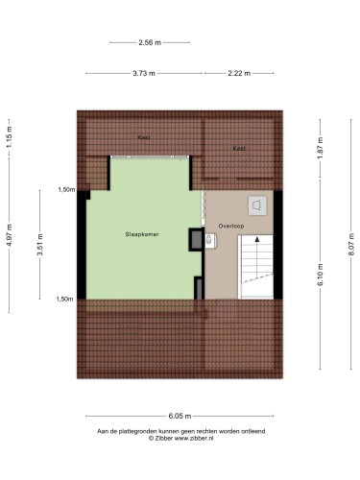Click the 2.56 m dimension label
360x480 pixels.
click(150, 42)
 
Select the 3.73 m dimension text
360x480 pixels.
click(144, 73)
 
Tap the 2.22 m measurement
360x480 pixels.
click(239, 73)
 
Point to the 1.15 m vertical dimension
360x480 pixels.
click(10, 137)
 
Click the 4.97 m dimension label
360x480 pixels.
click(10, 235)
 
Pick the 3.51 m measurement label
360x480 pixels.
click(40, 245)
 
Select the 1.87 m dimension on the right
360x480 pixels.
click(321, 148)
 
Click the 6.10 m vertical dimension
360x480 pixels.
click(321, 275)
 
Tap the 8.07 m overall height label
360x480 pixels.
click(351, 244)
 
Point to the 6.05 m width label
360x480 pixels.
click(180, 416)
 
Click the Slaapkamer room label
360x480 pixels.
click(142, 234)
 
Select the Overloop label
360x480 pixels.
click(231, 226)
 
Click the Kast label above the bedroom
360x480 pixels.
click(144, 137)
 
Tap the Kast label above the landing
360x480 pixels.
click(239, 148)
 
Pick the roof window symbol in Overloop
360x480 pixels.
click(257, 205)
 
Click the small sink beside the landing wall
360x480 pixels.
click(210, 240)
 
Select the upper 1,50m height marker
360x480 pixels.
click(66, 190)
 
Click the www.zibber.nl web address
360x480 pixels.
click(194, 439)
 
